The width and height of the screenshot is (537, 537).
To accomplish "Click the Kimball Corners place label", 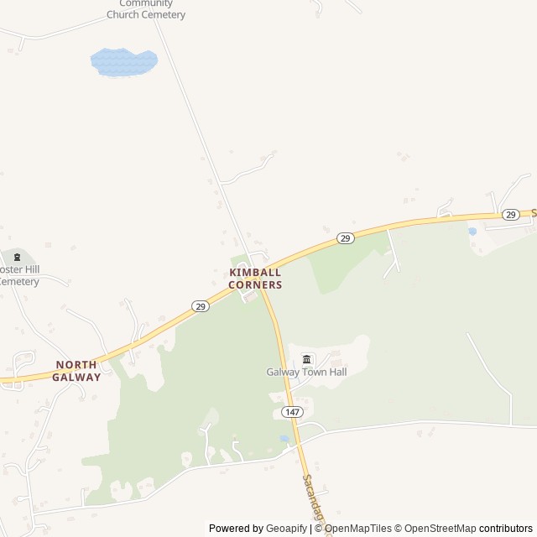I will click(x=256, y=279).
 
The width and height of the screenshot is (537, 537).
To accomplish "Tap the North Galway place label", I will click(x=77, y=371).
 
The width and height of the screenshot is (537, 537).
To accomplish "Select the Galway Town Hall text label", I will click(x=306, y=372).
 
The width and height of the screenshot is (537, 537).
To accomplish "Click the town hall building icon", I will click(x=306, y=359).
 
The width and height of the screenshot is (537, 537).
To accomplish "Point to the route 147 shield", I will click(x=291, y=411).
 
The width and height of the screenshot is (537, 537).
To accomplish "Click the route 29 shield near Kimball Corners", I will click(x=345, y=238).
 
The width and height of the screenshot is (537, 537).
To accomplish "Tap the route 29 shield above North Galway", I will click(x=200, y=306).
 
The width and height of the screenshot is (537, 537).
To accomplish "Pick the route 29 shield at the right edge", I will click(x=510, y=215).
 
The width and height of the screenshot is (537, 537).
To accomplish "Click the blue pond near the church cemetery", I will click(x=123, y=61).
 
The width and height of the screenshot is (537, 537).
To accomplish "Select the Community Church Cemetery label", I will click(x=146, y=9).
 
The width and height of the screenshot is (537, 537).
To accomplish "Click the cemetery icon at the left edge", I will click(x=16, y=257).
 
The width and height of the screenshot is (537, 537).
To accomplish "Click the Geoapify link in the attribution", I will click(x=286, y=529).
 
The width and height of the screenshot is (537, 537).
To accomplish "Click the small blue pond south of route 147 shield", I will click(x=284, y=438).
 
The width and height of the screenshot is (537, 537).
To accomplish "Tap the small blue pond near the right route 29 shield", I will click(x=472, y=231).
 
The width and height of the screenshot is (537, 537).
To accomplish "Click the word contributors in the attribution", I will click(x=506, y=529).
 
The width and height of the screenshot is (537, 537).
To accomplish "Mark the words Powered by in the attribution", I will click(x=236, y=529).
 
